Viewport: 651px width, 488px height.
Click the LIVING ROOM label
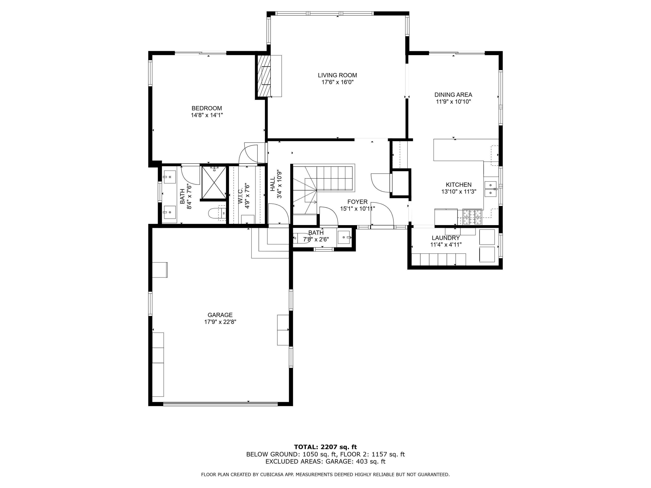[337, 75]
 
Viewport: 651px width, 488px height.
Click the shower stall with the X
[214, 182]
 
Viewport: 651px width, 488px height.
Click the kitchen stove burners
[472, 217]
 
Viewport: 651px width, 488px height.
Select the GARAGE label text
[220, 315]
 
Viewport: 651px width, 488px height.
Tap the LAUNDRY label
[446, 238]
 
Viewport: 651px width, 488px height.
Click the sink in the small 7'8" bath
[344, 237]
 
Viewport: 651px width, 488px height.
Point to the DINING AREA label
[453, 95]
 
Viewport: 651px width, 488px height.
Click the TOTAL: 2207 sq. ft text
[325, 447]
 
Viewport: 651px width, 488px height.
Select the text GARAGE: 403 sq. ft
[355, 461]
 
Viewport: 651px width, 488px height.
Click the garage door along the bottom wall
[220, 404]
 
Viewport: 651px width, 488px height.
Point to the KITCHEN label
[459, 185]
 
